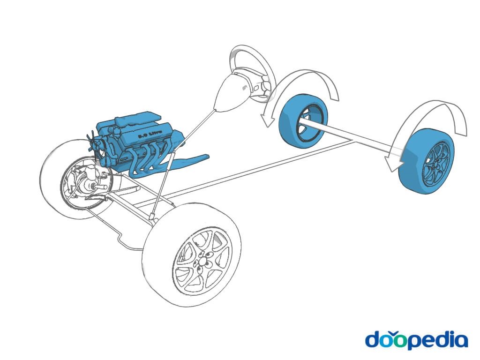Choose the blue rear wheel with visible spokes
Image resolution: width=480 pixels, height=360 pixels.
click(427, 162)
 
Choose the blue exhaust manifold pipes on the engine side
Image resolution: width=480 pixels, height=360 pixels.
click(150, 159)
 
